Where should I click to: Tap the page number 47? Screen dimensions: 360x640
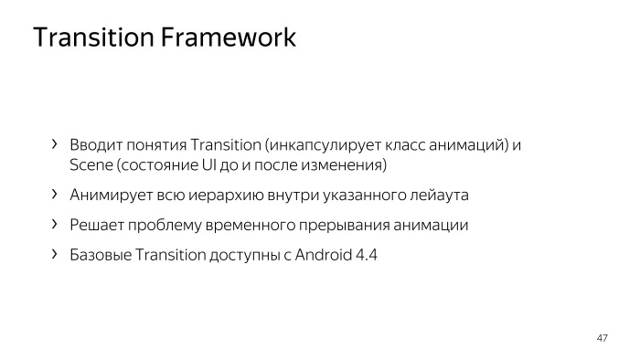[x=602, y=339]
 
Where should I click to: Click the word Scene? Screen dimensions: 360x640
[x=91, y=165]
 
